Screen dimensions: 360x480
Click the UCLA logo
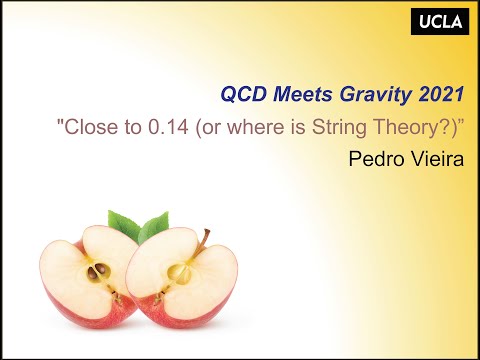point(441,21)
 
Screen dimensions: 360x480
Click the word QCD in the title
point(239,94)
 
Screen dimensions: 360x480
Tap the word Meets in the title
point(291,94)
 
